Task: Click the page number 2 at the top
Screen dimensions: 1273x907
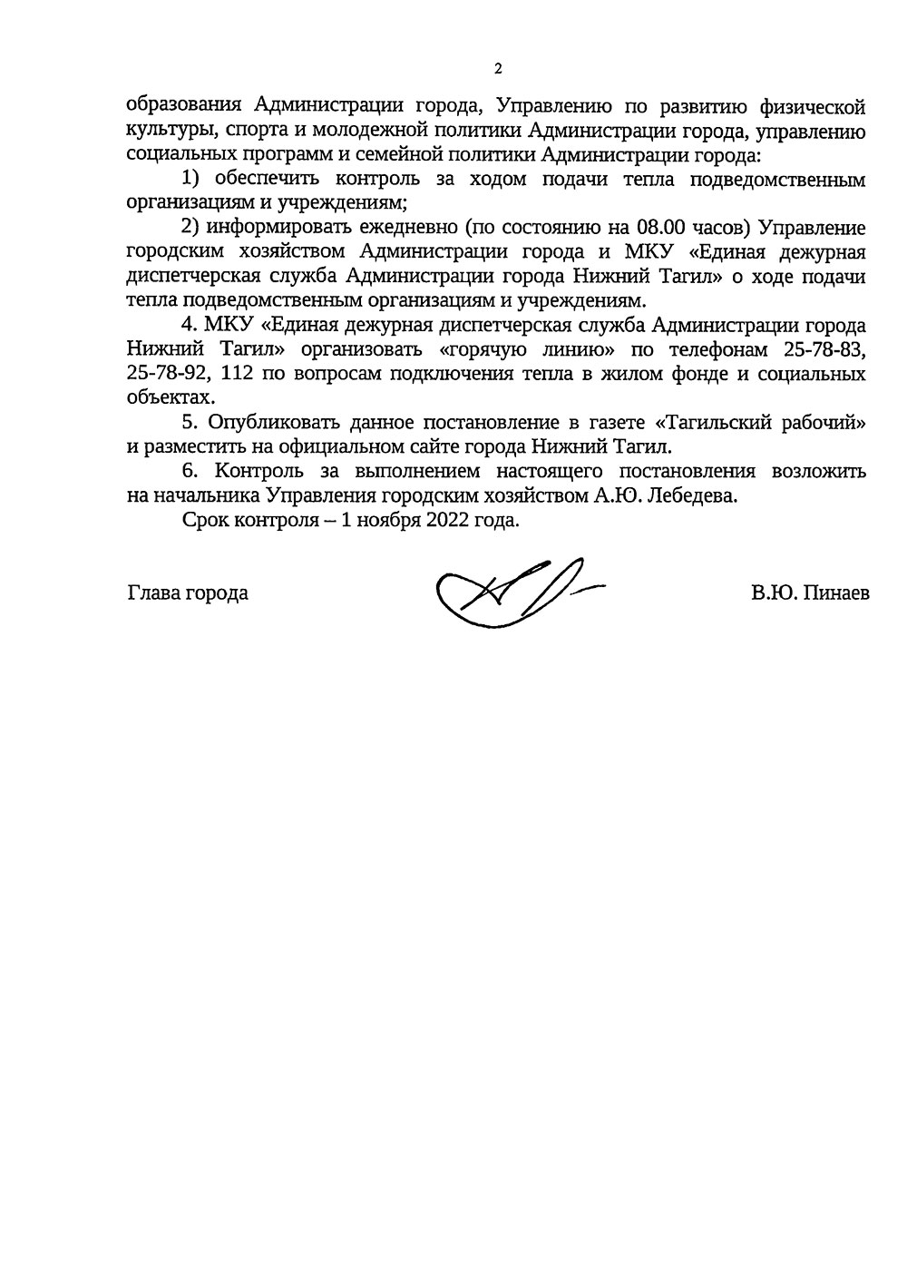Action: [x=497, y=69]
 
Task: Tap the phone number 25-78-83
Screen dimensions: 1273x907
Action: [x=820, y=350]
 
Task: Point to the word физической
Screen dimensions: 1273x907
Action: [x=810, y=107]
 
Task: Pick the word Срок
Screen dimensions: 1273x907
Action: [x=203, y=521]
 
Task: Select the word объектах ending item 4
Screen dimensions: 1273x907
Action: [x=171, y=397]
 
